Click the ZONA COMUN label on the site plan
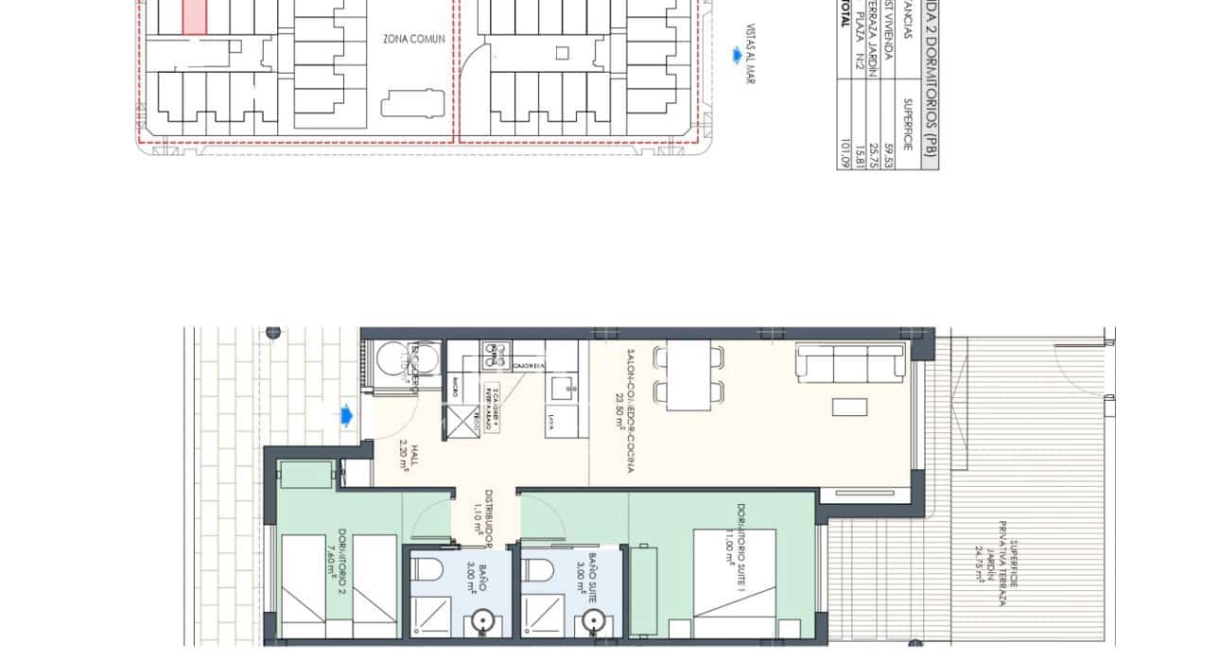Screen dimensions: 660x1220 pyautogui.click(x=414, y=39)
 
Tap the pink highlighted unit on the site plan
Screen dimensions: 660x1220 pyautogui.click(x=193, y=17)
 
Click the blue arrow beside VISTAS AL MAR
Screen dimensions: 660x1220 pyautogui.click(x=736, y=56)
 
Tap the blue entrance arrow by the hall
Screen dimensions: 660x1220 pyautogui.click(x=347, y=414)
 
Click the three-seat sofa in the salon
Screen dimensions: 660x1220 pyautogui.click(x=850, y=363)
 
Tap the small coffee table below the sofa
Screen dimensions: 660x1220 pyautogui.click(x=849, y=407)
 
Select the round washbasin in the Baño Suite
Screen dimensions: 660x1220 pyautogui.click(x=592, y=620)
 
